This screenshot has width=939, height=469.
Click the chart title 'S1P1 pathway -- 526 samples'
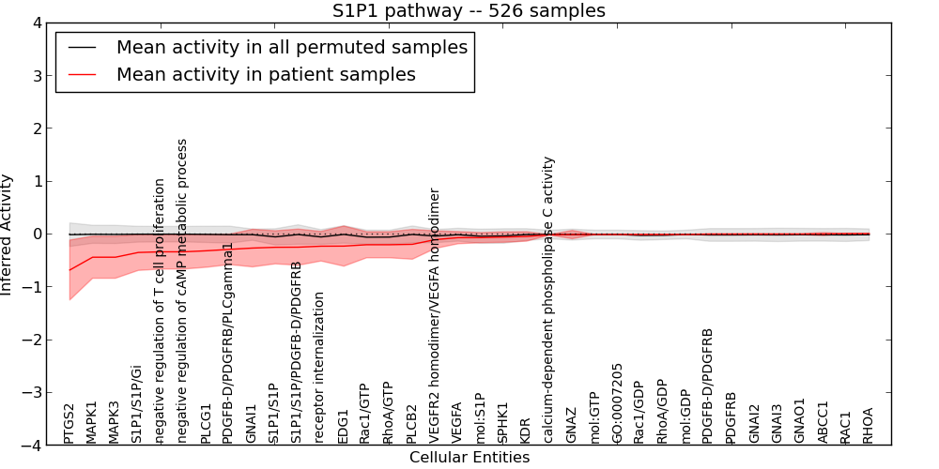point(469,11)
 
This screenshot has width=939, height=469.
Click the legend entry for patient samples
point(266,74)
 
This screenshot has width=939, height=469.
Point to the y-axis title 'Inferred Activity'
point(8,234)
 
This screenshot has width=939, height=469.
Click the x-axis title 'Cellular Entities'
point(469,458)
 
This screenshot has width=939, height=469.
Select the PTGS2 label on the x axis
point(69,423)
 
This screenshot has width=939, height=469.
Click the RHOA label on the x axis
point(869,425)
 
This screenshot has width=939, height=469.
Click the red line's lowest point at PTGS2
point(69,270)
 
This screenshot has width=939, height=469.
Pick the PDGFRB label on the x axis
point(731,417)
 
